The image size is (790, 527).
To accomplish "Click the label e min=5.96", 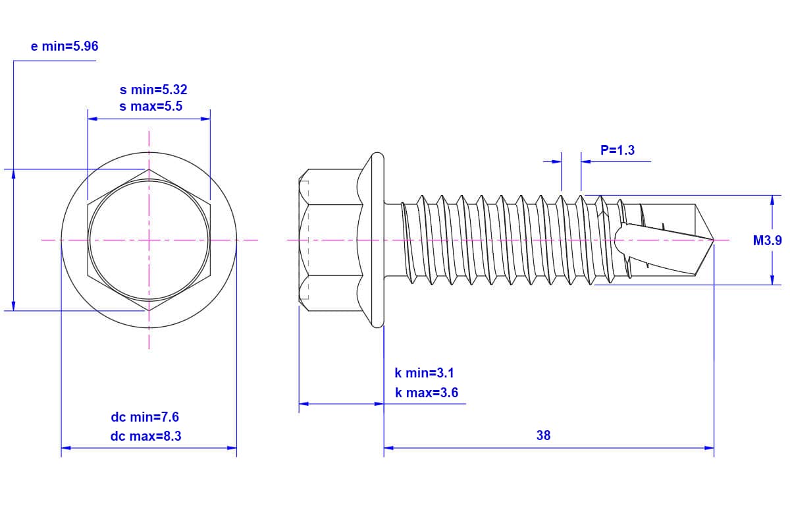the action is (x=65, y=46).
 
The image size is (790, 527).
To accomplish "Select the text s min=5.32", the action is (x=153, y=90).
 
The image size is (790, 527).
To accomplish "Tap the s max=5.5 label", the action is (x=151, y=106).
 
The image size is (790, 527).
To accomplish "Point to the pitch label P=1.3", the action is (x=618, y=150).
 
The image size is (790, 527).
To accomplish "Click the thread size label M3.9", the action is (x=768, y=240).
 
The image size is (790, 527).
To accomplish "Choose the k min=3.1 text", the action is (x=424, y=373).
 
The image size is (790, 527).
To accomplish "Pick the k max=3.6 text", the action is (x=427, y=393).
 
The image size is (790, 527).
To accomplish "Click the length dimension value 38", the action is (x=544, y=435).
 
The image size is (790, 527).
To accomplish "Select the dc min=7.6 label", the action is (x=145, y=417).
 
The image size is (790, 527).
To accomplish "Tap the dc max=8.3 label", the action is (x=145, y=436).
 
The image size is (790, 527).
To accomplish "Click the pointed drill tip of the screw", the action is (x=714, y=240).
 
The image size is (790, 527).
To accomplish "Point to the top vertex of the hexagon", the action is (x=149, y=169).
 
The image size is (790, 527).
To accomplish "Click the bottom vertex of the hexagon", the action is (x=149, y=311).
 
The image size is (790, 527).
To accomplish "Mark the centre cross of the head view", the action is (x=149, y=240).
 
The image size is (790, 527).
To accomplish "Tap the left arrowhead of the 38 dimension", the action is (x=388, y=448).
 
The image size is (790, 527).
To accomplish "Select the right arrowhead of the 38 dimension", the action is (x=709, y=448).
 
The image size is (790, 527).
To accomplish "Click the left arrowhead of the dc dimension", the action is (x=66, y=448).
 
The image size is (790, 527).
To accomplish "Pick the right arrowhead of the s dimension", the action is (x=205, y=119).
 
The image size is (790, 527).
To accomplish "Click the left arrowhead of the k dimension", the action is (x=303, y=404).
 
